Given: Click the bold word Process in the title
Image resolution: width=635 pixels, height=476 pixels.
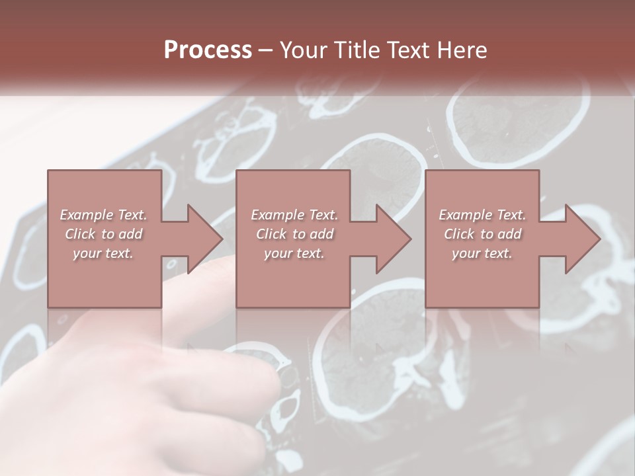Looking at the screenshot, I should tap(208, 50).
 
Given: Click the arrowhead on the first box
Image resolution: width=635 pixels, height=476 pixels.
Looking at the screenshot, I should tap(205, 239).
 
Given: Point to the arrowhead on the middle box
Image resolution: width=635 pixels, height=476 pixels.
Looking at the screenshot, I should tap(394, 239).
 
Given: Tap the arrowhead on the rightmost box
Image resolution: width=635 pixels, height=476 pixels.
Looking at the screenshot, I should tap(583, 239).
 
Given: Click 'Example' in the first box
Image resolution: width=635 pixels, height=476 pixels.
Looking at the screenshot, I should tap(86, 215).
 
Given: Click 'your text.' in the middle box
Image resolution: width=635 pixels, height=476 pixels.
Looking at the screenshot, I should tap(294, 253).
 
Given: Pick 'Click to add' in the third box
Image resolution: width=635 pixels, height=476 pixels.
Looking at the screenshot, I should tap(482, 234).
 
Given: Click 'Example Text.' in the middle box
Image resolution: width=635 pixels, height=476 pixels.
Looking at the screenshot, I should tap(294, 215).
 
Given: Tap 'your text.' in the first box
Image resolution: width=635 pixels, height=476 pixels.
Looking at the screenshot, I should tap(103, 253).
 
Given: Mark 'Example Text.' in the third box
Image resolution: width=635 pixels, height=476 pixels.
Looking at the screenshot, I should tap(482, 215).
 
